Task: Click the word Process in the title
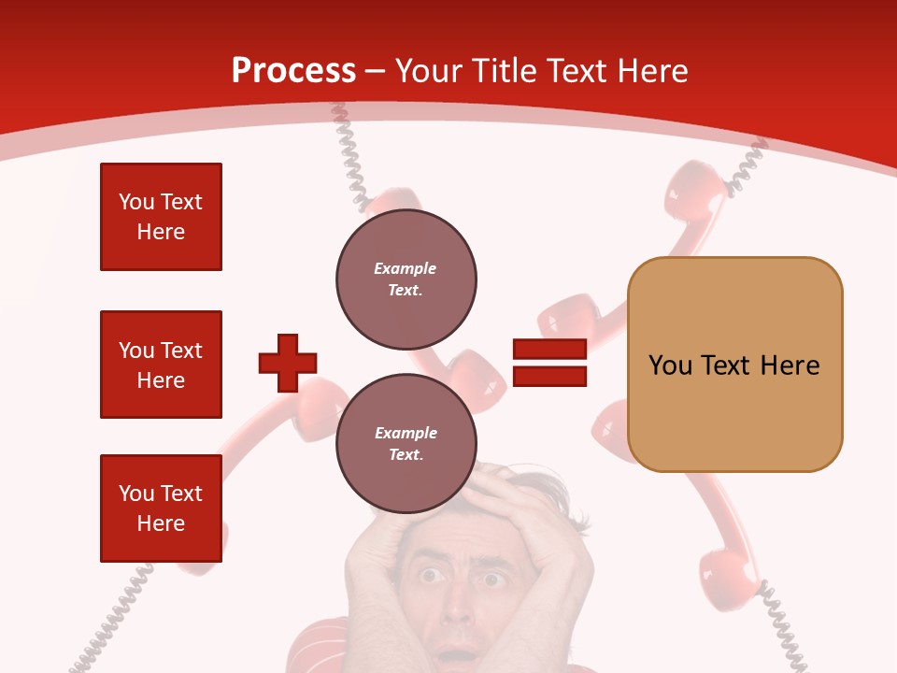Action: [293, 71]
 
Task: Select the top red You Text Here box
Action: [161, 217]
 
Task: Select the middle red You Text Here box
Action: [161, 365]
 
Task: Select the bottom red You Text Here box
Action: [161, 508]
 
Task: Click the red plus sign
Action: [288, 363]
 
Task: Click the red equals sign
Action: [549, 363]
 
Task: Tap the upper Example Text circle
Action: [406, 279]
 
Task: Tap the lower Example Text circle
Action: [406, 444]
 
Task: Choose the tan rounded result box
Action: [734, 365]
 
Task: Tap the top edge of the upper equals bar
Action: [549, 340]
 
